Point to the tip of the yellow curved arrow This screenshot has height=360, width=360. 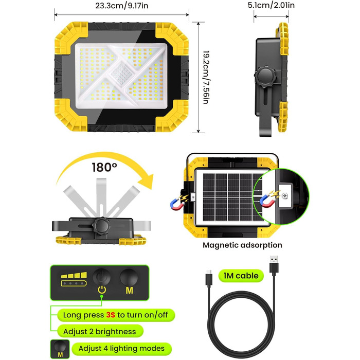click(151, 188)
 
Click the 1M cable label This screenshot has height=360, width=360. click(241, 276)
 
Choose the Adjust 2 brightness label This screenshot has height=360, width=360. click(100, 331)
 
